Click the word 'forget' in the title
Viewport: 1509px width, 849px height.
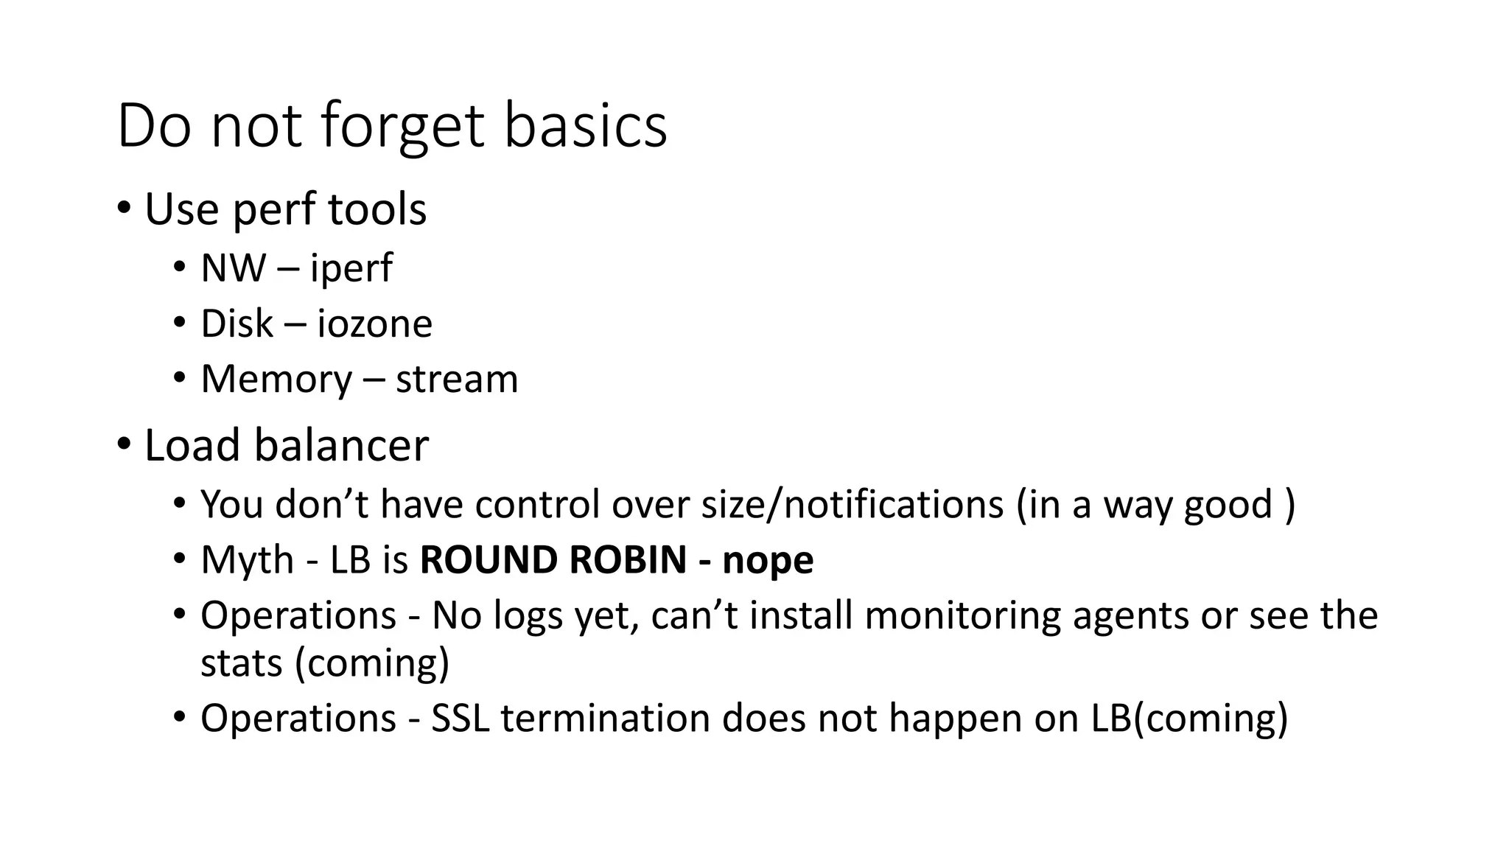click(402, 127)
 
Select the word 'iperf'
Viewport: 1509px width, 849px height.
click(351, 268)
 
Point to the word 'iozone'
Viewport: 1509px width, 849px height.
click(374, 324)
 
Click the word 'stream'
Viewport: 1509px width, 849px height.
click(457, 380)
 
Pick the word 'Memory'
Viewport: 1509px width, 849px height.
click(276, 380)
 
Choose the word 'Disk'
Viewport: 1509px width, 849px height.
click(237, 324)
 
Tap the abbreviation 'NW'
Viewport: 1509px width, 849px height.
click(233, 268)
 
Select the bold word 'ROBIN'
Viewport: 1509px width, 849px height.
click(628, 560)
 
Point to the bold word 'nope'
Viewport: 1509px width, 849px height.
click(768, 560)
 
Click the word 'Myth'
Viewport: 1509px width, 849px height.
click(247, 560)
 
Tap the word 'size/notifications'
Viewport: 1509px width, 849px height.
click(852, 505)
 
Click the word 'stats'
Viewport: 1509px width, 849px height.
click(242, 663)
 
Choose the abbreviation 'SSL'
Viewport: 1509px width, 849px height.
click(461, 719)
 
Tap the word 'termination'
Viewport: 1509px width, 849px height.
click(606, 719)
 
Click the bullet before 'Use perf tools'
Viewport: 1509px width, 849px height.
click(124, 209)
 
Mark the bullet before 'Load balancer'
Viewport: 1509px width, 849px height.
click(124, 445)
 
